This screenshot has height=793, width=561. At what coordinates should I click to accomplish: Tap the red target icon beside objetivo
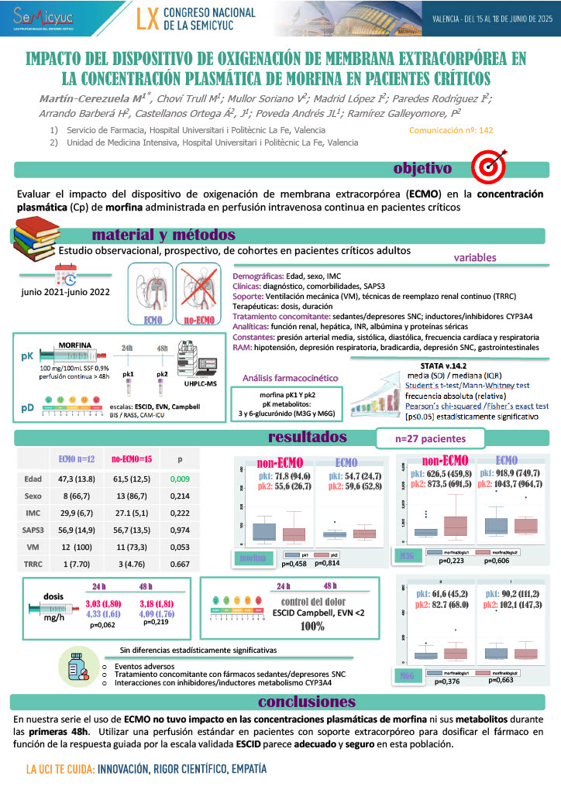488,165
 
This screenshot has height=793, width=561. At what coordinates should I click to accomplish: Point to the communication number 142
462,130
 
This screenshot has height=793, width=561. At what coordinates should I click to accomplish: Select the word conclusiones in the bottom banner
308,702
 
